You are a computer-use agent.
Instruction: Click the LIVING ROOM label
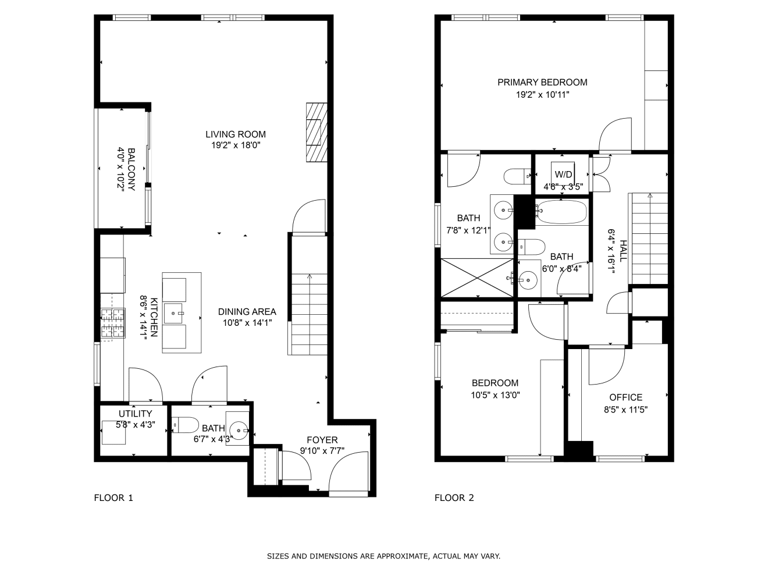236,134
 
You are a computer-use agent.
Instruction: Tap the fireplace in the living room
317,132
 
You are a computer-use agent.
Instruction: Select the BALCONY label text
131,169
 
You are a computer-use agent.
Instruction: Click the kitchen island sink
173,314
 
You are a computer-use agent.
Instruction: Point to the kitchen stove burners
113,323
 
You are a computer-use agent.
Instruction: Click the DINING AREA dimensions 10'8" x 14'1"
247,322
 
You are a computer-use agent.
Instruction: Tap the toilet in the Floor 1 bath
185,425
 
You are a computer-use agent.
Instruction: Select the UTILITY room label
136,414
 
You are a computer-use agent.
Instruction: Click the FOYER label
322,440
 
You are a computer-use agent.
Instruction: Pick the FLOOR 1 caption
113,497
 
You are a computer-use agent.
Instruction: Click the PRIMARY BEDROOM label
542,83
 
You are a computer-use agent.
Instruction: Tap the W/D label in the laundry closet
563,175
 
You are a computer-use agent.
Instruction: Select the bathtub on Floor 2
561,212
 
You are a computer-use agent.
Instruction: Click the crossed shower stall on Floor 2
477,278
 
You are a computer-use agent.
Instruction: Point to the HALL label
623,251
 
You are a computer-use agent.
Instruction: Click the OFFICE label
626,397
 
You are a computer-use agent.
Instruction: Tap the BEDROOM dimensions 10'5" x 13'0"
496,395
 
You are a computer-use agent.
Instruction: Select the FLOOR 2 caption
454,497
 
